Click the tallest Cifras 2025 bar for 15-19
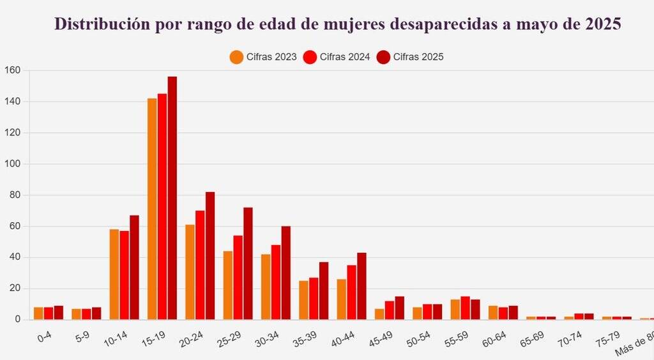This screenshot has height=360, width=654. point(172,198)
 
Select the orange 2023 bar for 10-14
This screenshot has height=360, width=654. point(114,274)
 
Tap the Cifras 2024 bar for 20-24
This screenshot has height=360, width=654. point(200,265)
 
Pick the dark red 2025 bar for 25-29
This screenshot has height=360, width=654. point(248,263)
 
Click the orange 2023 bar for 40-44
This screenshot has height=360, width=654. point(342,299)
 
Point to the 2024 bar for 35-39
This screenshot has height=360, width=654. point(314,299)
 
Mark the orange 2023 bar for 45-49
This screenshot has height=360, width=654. point(379,314)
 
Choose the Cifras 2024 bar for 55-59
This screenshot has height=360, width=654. point(465,308)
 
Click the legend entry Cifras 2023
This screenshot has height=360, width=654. point(263,57)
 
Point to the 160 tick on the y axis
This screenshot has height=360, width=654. point(13,70)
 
